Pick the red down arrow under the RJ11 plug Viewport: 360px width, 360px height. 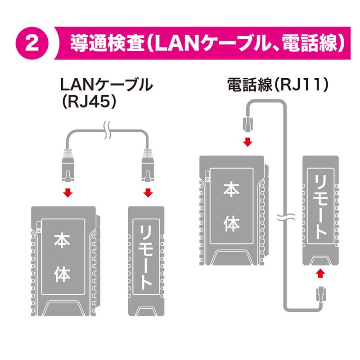247,142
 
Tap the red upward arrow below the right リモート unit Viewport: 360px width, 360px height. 320,274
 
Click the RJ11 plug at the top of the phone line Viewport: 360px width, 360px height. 247,123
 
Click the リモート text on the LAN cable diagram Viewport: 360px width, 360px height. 147,256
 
